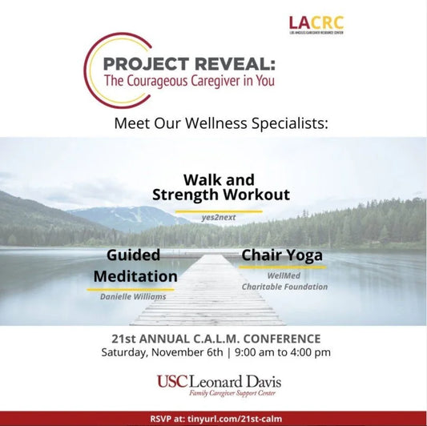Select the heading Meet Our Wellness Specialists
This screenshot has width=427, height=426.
point(221,125)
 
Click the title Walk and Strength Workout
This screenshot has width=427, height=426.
point(221,187)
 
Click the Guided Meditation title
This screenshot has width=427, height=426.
point(135,265)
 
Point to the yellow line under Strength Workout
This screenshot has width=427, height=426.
point(219,210)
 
